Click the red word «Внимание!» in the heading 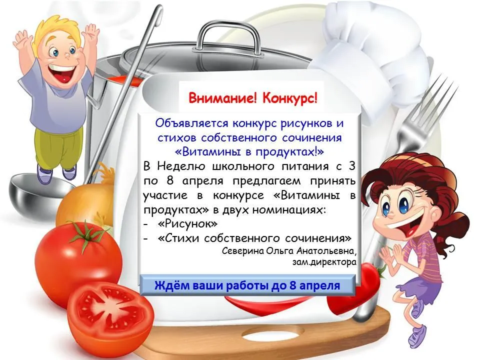pos(222,98)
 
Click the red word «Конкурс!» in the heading pos(290,98)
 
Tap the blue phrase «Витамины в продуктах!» pos(249,151)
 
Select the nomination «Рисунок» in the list pos(187,224)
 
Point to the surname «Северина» pos(242,251)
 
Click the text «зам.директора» pos(324,262)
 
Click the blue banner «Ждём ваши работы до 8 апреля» pos(247,285)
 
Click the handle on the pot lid pos(229,35)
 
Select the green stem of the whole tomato pos(85,234)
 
